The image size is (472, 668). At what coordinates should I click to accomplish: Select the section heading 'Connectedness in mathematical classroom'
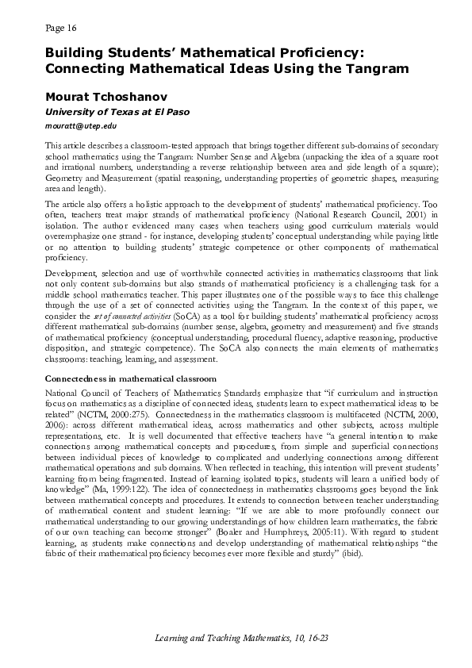(131, 379)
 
